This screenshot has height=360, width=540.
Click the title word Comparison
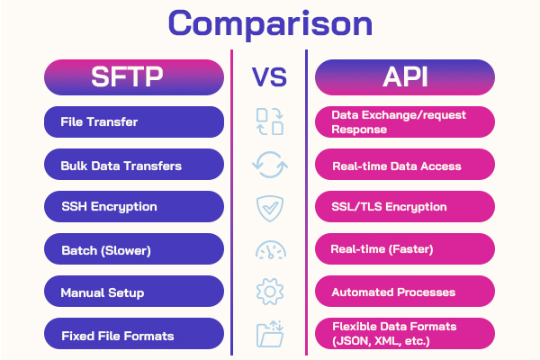(x=269, y=24)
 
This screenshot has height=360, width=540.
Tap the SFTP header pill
(x=134, y=77)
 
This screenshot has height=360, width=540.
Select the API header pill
(x=405, y=77)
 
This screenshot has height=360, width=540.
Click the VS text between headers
(x=269, y=77)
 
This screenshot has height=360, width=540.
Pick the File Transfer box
(x=134, y=122)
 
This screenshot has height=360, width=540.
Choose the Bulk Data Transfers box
(x=134, y=165)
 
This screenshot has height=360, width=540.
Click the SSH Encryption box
(x=134, y=207)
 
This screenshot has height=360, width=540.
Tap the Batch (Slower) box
(x=134, y=249)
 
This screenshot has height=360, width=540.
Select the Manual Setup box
(x=134, y=292)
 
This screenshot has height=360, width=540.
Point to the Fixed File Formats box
(x=134, y=335)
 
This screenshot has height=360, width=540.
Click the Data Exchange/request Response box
(x=405, y=122)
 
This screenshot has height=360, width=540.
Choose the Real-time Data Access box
(x=405, y=165)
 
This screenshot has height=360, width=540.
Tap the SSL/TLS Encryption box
(x=405, y=207)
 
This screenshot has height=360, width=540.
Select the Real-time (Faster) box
(x=405, y=249)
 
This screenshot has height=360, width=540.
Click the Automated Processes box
(x=405, y=292)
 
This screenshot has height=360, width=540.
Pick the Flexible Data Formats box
(x=405, y=335)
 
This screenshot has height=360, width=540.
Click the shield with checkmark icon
(x=269, y=208)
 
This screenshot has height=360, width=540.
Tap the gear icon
(x=269, y=292)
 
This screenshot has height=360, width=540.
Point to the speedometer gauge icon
(x=269, y=250)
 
